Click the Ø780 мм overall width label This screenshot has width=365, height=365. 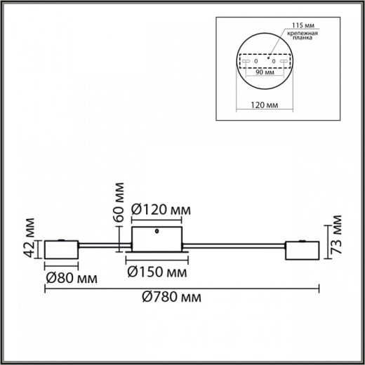(x=173, y=298)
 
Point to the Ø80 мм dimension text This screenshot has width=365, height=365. (x=71, y=279)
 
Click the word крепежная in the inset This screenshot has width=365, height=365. (x=307, y=34)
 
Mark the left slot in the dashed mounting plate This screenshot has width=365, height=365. (x=247, y=62)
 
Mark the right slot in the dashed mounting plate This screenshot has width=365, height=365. (x=284, y=62)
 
